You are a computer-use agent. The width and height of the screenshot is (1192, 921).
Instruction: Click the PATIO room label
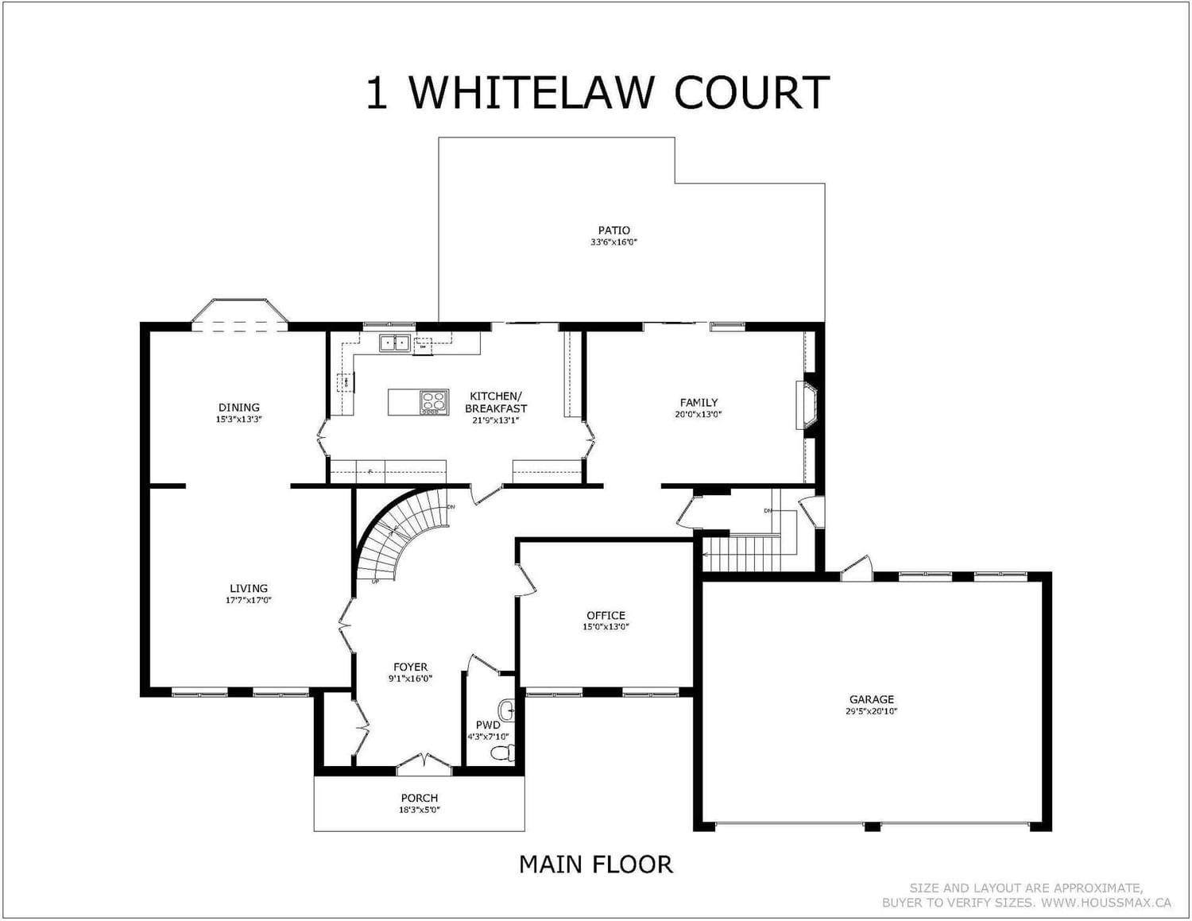click(613, 230)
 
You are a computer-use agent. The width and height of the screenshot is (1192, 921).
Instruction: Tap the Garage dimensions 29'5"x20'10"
click(871, 712)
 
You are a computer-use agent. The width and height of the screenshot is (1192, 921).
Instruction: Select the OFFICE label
click(606, 615)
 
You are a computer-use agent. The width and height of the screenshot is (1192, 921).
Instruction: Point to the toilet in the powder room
click(501, 752)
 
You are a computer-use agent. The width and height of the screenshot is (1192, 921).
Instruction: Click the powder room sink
click(506, 708)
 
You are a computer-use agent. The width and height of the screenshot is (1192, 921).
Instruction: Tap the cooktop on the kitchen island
click(433, 402)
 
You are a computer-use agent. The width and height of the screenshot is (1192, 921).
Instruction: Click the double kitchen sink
click(394, 343)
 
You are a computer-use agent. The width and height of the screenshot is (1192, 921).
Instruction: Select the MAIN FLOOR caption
click(595, 864)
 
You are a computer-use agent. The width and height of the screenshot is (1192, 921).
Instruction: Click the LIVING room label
click(249, 589)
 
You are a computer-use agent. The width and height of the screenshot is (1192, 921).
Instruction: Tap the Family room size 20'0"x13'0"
click(699, 414)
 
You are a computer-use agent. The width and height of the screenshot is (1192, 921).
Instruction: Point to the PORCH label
click(419, 798)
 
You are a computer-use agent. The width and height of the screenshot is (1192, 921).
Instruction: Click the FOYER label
click(410, 667)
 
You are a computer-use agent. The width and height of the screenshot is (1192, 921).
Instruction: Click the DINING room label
click(239, 408)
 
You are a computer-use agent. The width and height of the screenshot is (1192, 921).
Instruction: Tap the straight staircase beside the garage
click(742, 553)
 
